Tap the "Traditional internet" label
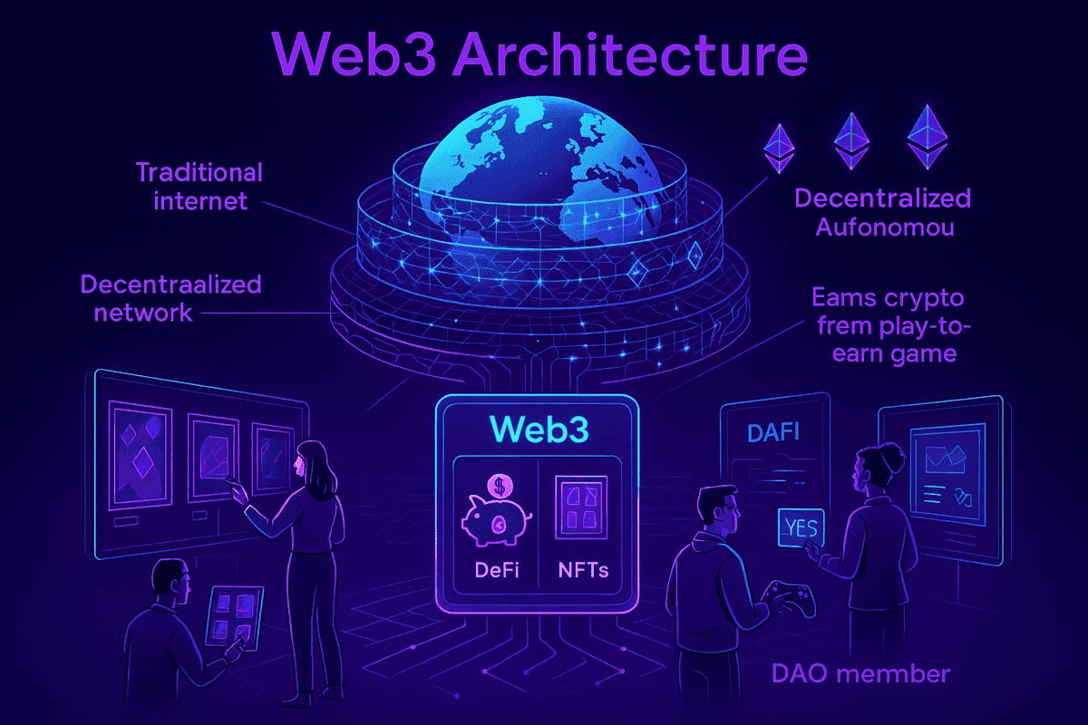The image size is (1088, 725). click(x=199, y=186)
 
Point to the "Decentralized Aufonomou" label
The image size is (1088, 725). click(x=882, y=212)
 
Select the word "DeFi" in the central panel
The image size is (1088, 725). click(x=496, y=571)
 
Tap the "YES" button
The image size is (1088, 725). click(x=800, y=527)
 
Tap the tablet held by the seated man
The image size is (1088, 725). click(x=235, y=614)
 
